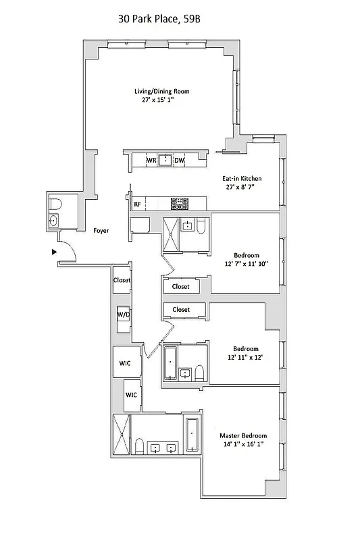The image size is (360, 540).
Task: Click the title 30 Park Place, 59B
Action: coord(159,21)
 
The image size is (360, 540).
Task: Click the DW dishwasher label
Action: coord(179,161)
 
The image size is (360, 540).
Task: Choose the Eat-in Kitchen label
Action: coord(242,179)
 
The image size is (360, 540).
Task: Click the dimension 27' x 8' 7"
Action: coord(242,188)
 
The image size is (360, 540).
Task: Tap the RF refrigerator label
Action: coord(137,203)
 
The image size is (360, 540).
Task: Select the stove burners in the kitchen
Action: coord(180,202)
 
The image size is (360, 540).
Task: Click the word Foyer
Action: coord(101,231)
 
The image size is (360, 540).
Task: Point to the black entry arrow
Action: coord(55,252)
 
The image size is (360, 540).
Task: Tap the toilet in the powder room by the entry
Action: coord(57,203)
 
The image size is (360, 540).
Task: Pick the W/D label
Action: coord(124,315)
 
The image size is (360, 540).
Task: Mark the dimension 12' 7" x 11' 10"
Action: coord(247,265)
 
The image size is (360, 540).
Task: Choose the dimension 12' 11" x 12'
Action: coord(246,358)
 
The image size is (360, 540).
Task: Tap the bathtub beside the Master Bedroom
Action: coord(192,436)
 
